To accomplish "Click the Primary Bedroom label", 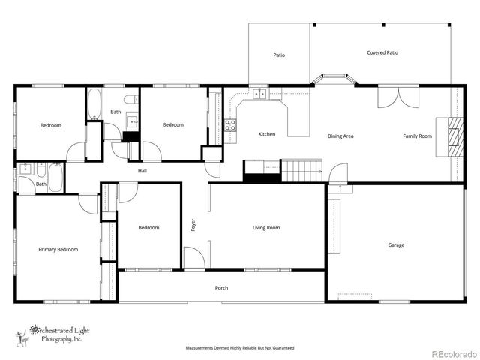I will click(58, 249).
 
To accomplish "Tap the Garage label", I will click(396, 245).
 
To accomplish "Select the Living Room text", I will click(266, 227).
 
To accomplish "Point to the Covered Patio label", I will click(382, 53).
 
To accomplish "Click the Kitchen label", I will click(266, 134).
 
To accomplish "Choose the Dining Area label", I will click(340, 136).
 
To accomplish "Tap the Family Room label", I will click(417, 136).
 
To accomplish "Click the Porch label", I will click(221, 288).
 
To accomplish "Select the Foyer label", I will click(193, 224).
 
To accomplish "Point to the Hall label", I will click(142, 171).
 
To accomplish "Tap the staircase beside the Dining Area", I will click(301, 170).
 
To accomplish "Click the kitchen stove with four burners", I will click(230, 125).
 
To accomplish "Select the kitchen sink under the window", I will click(259, 94).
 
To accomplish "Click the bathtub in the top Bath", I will click(94, 106).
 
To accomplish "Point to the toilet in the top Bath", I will click(129, 100).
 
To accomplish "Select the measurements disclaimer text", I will click(240, 349).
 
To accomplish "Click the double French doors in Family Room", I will click(395, 100).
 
